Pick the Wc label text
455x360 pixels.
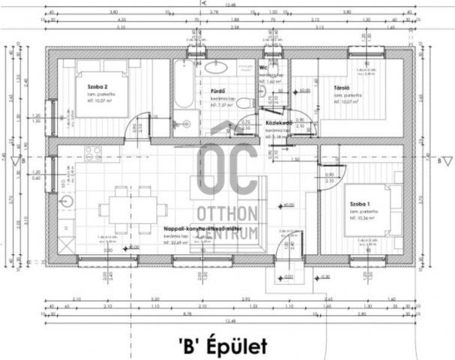264,67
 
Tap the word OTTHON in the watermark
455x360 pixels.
228,212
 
